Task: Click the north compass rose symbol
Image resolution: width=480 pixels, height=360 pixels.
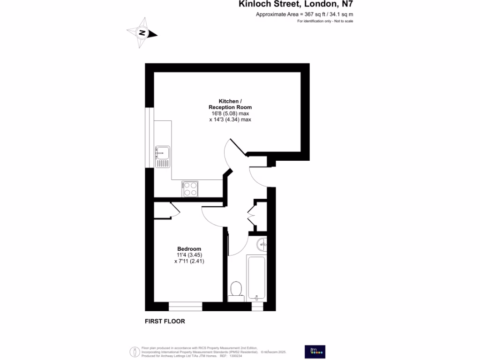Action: click(x=142, y=33)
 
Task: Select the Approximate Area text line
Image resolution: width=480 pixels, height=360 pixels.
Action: click(x=304, y=15)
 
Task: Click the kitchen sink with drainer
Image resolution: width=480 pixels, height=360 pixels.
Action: click(x=163, y=157)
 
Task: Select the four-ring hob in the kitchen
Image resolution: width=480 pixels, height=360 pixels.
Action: click(x=190, y=189)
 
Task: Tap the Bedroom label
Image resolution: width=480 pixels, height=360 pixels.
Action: click(x=189, y=249)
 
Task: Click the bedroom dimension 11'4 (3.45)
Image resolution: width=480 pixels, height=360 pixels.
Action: click(x=189, y=255)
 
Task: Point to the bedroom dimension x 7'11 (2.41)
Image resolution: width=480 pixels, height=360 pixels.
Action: click(x=189, y=261)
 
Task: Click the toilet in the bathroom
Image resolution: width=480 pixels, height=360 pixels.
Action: click(x=236, y=289)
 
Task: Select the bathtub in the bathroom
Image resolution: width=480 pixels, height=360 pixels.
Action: click(x=256, y=277)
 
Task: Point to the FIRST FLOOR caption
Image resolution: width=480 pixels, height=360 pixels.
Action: click(x=165, y=322)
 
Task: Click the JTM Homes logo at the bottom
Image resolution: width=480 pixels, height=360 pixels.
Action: click(x=315, y=352)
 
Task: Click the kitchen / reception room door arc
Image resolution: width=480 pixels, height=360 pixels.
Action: click(x=231, y=155)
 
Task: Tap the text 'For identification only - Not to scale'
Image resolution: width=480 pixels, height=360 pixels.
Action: click(x=325, y=22)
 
